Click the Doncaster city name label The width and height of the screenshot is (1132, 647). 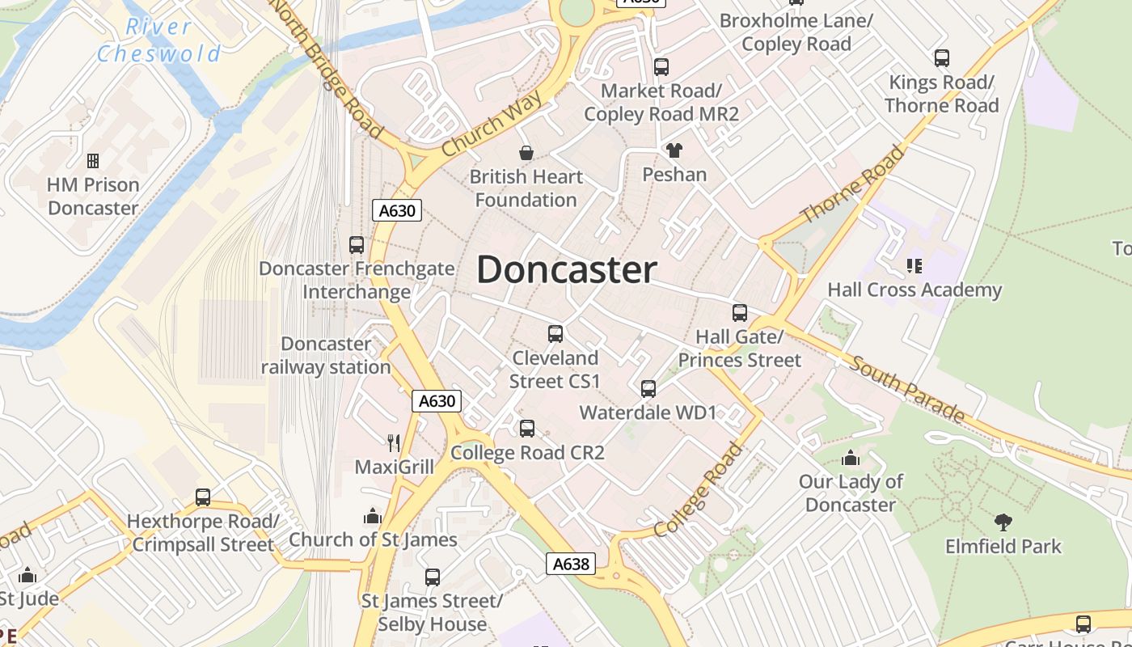coord(566,269)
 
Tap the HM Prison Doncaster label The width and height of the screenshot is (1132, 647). coord(93,197)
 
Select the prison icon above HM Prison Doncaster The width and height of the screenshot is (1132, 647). coord(93,161)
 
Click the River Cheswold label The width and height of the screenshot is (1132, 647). coord(158,40)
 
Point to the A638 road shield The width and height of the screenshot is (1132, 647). coord(571,564)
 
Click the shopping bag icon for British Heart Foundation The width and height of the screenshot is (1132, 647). coord(526,153)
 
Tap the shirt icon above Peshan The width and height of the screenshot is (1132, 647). coord(674,150)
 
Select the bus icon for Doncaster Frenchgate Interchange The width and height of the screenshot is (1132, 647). coord(357,244)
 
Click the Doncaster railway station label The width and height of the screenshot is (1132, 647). coord(326,356)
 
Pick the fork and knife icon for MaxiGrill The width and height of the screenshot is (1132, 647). coord(394,442)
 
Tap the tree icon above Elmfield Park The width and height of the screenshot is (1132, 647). coord(1003,522)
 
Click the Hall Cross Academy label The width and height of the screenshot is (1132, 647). coord(914,290)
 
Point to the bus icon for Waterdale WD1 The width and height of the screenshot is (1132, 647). coord(648,389)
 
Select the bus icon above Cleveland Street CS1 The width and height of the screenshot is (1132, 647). coord(555,333)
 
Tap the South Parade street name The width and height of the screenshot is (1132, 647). coord(906,388)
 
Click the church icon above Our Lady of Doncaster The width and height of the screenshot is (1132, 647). coord(851,459)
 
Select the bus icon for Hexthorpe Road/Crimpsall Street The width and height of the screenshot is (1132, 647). coord(203,497)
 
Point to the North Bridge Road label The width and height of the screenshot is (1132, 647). coord(327,69)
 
